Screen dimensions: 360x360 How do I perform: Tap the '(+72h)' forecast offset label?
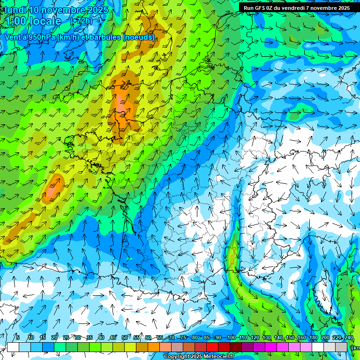81,21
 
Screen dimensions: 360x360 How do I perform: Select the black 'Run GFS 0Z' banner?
296,8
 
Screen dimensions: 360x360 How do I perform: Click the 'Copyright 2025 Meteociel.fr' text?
199,357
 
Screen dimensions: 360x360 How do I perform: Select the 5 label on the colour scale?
17,337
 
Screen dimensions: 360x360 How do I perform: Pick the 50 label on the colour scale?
124,337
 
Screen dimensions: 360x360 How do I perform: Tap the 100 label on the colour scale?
231,337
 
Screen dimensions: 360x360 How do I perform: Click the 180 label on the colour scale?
313,337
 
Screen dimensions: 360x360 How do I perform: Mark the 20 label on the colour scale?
54,337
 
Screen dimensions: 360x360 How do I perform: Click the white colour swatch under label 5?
13,347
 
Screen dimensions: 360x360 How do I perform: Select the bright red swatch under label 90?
212,347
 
